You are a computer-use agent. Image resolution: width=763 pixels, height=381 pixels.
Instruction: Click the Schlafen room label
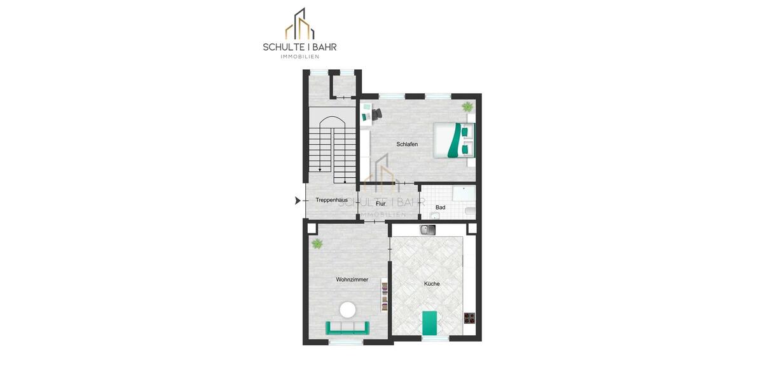coord(407,145)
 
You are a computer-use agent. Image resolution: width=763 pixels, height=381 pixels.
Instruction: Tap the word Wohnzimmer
coord(352,279)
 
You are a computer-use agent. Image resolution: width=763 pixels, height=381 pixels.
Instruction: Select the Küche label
coord(432,284)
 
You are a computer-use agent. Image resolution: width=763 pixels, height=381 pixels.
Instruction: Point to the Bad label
coord(440,208)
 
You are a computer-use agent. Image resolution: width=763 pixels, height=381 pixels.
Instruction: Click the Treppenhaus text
coord(331,201)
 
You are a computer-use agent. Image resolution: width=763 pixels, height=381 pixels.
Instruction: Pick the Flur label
coord(381,204)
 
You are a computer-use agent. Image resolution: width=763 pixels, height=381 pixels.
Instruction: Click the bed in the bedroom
coord(454,140)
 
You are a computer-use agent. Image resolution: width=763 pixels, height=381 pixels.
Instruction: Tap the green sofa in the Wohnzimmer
coord(347,328)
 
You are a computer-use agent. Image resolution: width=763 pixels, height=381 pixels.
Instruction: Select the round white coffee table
coord(348,310)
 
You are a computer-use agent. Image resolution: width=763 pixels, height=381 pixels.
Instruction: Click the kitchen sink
coord(428,231)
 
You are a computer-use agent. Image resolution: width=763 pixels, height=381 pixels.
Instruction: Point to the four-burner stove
coord(470,317)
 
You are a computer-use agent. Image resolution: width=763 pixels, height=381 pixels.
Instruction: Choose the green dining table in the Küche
coord(430,322)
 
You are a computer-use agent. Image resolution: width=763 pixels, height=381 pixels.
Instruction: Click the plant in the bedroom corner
coord(467,106)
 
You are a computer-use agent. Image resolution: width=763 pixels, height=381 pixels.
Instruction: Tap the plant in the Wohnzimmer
coord(316,243)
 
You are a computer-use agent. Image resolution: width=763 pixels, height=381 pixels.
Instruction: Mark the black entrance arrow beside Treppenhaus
coord(298,201)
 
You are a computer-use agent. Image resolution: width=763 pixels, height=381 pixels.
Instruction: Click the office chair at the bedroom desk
coord(376,114)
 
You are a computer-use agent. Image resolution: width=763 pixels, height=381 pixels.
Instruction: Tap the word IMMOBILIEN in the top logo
coord(300,57)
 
